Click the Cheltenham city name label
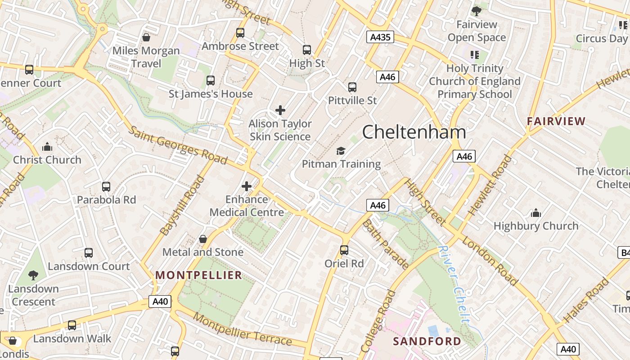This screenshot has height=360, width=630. tap(414, 132)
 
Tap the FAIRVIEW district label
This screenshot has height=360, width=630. tap(556, 121)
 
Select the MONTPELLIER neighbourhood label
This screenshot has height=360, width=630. tap(198, 275)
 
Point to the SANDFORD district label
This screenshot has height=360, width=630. tap(427, 341)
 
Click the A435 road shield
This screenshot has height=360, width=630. tap(380, 37)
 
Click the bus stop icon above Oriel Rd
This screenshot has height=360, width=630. tap(344, 250)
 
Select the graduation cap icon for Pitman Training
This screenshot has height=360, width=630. tap(341, 151)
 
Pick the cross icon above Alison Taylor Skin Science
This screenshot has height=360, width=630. tap(280, 110)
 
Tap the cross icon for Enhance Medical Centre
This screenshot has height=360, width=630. tap(247, 186)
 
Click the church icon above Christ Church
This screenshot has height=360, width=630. tap(47, 147)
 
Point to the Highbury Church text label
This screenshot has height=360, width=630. tap(536, 226)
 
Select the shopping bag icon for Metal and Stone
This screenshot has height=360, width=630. tap(203, 238)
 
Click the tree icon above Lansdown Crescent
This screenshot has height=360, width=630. tap(33, 275)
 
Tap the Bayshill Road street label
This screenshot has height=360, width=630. tap(179, 206)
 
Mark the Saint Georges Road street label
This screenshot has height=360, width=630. tap(178, 145)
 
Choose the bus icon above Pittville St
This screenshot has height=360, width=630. tap(352, 87)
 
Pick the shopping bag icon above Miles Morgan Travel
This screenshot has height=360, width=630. tap(146, 37)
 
